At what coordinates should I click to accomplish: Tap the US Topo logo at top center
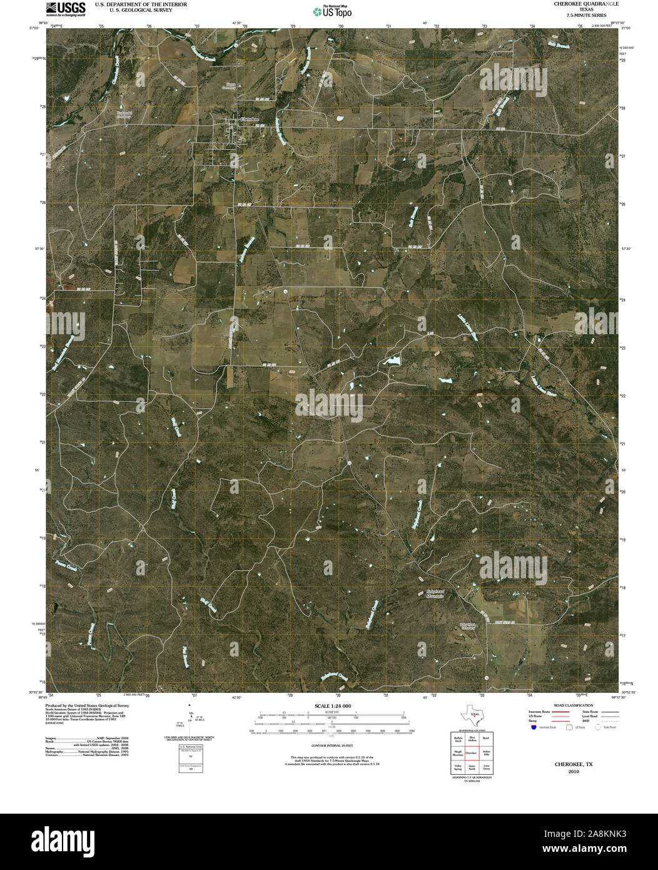tap(332, 11)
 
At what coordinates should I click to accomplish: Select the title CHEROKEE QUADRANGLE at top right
tap(582, 4)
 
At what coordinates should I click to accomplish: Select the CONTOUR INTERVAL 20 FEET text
tap(332, 746)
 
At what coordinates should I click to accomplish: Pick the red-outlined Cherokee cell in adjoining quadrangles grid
tap(472, 752)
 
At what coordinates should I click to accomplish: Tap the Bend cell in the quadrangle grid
tap(485, 739)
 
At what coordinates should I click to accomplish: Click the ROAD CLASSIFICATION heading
tap(569, 705)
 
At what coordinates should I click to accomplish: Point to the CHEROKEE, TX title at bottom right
tap(574, 764)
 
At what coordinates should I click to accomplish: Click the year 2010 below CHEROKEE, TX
tap(574, 772)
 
